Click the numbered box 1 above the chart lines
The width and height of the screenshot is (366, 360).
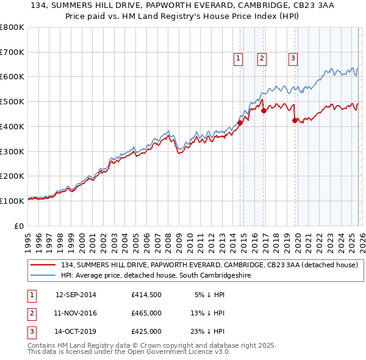(237, 59)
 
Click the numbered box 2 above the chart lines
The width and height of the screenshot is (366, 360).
(261, 59)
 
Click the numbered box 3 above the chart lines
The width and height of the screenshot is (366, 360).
(293, 59)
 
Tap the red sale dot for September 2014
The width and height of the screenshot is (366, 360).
(240, 123)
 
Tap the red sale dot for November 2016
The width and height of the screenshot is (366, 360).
(264, 110)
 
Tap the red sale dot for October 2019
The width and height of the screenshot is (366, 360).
(295, 120)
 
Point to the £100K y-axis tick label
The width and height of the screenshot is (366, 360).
(12, 201)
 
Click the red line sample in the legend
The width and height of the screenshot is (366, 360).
(43, 265)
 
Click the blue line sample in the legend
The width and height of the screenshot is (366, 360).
(43, 276)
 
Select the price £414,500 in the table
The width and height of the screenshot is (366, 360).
(146, 295)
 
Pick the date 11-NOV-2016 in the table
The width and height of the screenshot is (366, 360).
(76, 313)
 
